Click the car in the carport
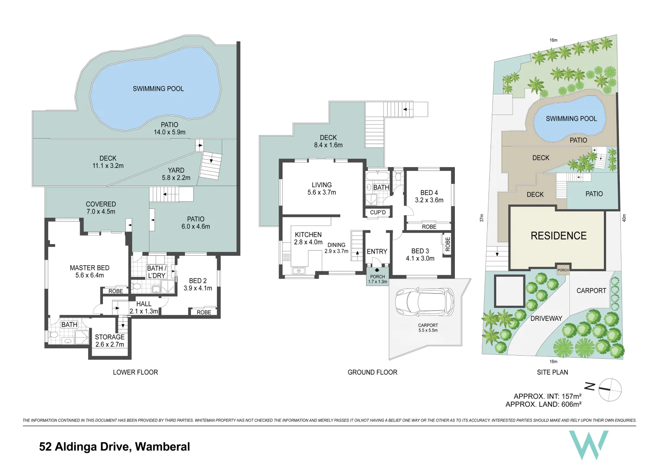(424, 301)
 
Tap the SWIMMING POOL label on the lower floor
(158, 89)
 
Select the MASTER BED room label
(90, 271)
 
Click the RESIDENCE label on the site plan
(559, 236)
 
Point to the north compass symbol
(610, 389)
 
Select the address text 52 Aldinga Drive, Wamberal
(115, 447)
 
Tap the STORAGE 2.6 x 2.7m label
(110, 341)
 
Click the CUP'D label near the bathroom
(378, 212)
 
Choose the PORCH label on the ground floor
(377, 279)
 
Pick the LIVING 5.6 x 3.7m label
(322, 189)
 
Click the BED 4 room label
(429, 196)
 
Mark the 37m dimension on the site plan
(482, 218)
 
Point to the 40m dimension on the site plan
(624, 218)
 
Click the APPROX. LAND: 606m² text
(544, 404)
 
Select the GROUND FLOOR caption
(373, 372)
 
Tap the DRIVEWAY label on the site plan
(546, 319)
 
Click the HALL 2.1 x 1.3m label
(144, 307)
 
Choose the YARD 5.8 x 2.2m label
(176, 174)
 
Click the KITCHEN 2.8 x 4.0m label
(308, 239)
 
